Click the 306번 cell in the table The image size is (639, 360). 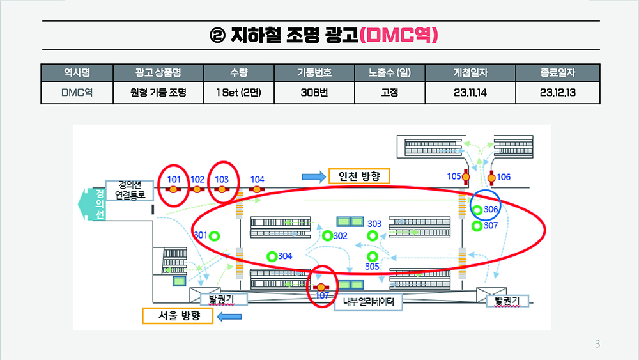314,93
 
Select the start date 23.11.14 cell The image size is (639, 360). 470,93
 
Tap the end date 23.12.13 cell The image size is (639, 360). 557,93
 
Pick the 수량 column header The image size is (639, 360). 239,73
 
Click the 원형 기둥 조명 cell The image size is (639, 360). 158,93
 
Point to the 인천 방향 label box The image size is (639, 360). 359,176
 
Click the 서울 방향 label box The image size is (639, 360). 178,316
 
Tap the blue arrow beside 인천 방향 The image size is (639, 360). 314,176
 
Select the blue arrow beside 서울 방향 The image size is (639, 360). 229,317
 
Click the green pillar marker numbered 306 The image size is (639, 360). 477,210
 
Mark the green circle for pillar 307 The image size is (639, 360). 477,226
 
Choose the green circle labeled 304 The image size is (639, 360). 272,256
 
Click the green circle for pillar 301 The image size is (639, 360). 214,236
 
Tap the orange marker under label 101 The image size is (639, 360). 174,189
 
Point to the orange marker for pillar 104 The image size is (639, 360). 257,189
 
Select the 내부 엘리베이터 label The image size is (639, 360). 369,302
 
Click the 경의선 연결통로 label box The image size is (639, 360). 130,191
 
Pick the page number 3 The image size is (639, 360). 597,343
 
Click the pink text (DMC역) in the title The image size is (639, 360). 399,35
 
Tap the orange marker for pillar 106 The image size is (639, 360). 491,178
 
